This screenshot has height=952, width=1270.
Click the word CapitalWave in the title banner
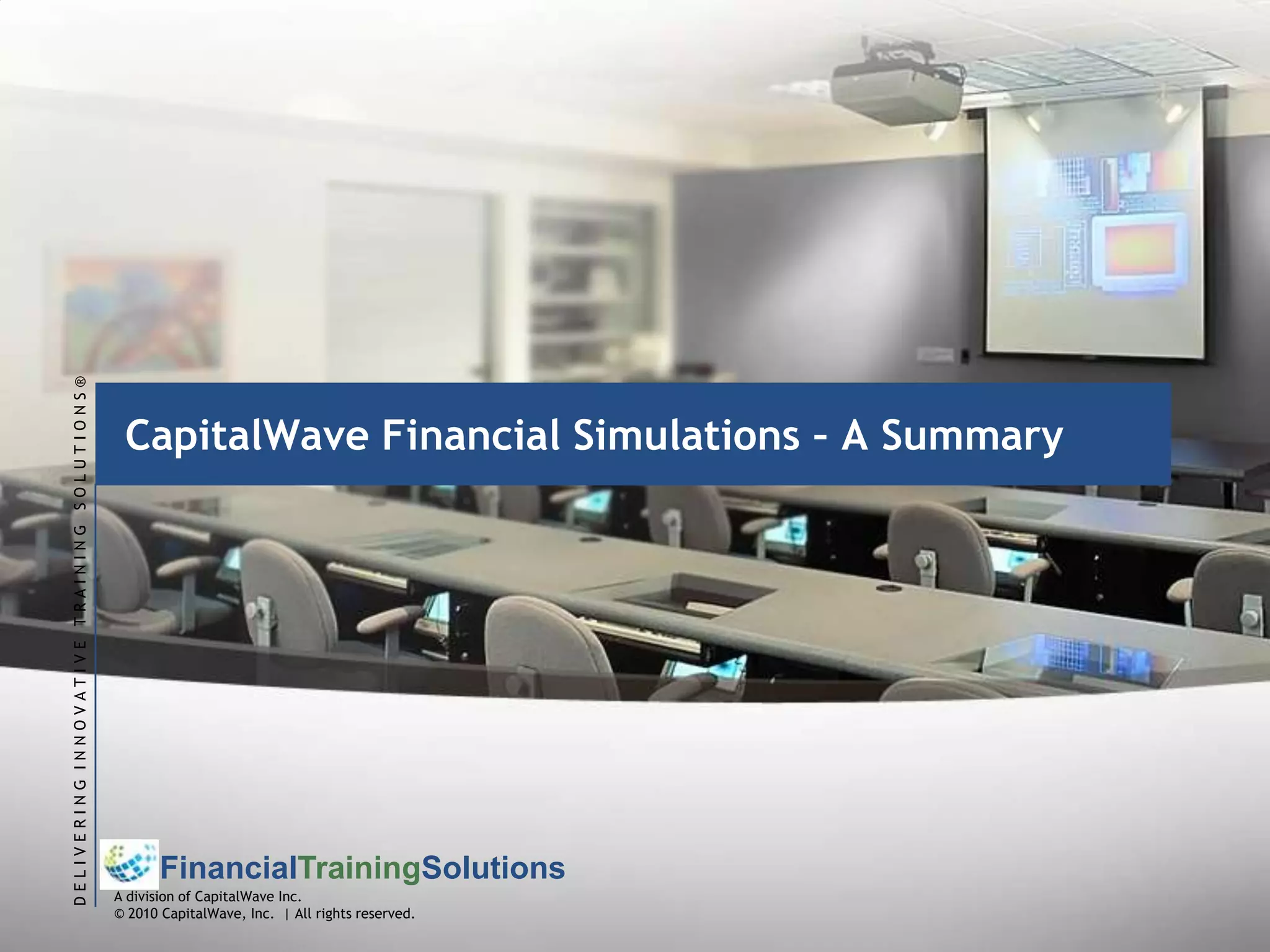(x=247, y=436)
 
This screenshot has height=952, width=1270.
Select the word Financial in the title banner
(x=471, y=436)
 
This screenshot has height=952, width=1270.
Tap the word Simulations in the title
(x=686, y=436)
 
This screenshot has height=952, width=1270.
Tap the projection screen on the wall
(x=1095, y=229)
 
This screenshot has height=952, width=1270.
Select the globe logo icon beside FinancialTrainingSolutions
(x=130, y=864)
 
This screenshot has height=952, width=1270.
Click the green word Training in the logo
(x=360, y=868)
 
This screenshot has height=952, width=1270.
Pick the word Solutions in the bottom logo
(x=493, y=868)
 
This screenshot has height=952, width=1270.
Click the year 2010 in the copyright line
(x=143, y=914)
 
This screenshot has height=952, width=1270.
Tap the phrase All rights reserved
(x=354, y=914)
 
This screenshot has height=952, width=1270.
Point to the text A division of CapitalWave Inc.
(x=208, y=897)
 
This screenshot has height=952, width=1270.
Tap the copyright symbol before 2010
(x=120, y=914)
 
